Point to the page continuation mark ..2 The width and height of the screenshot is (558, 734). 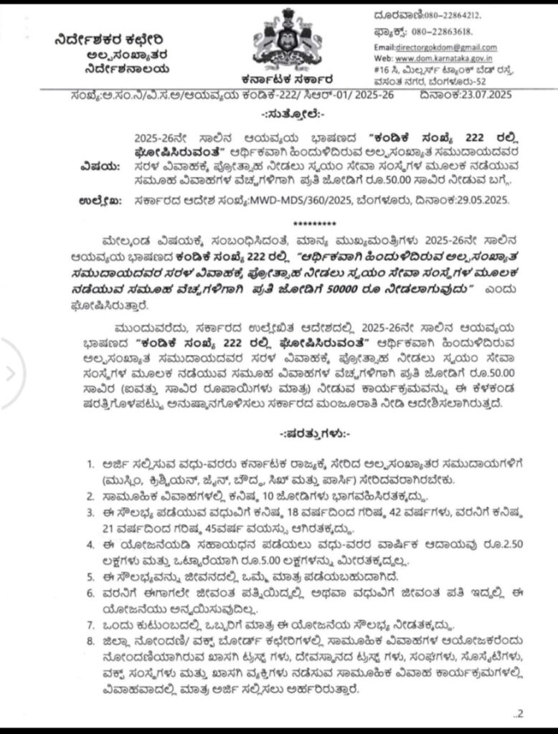click(x=519, y=712)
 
